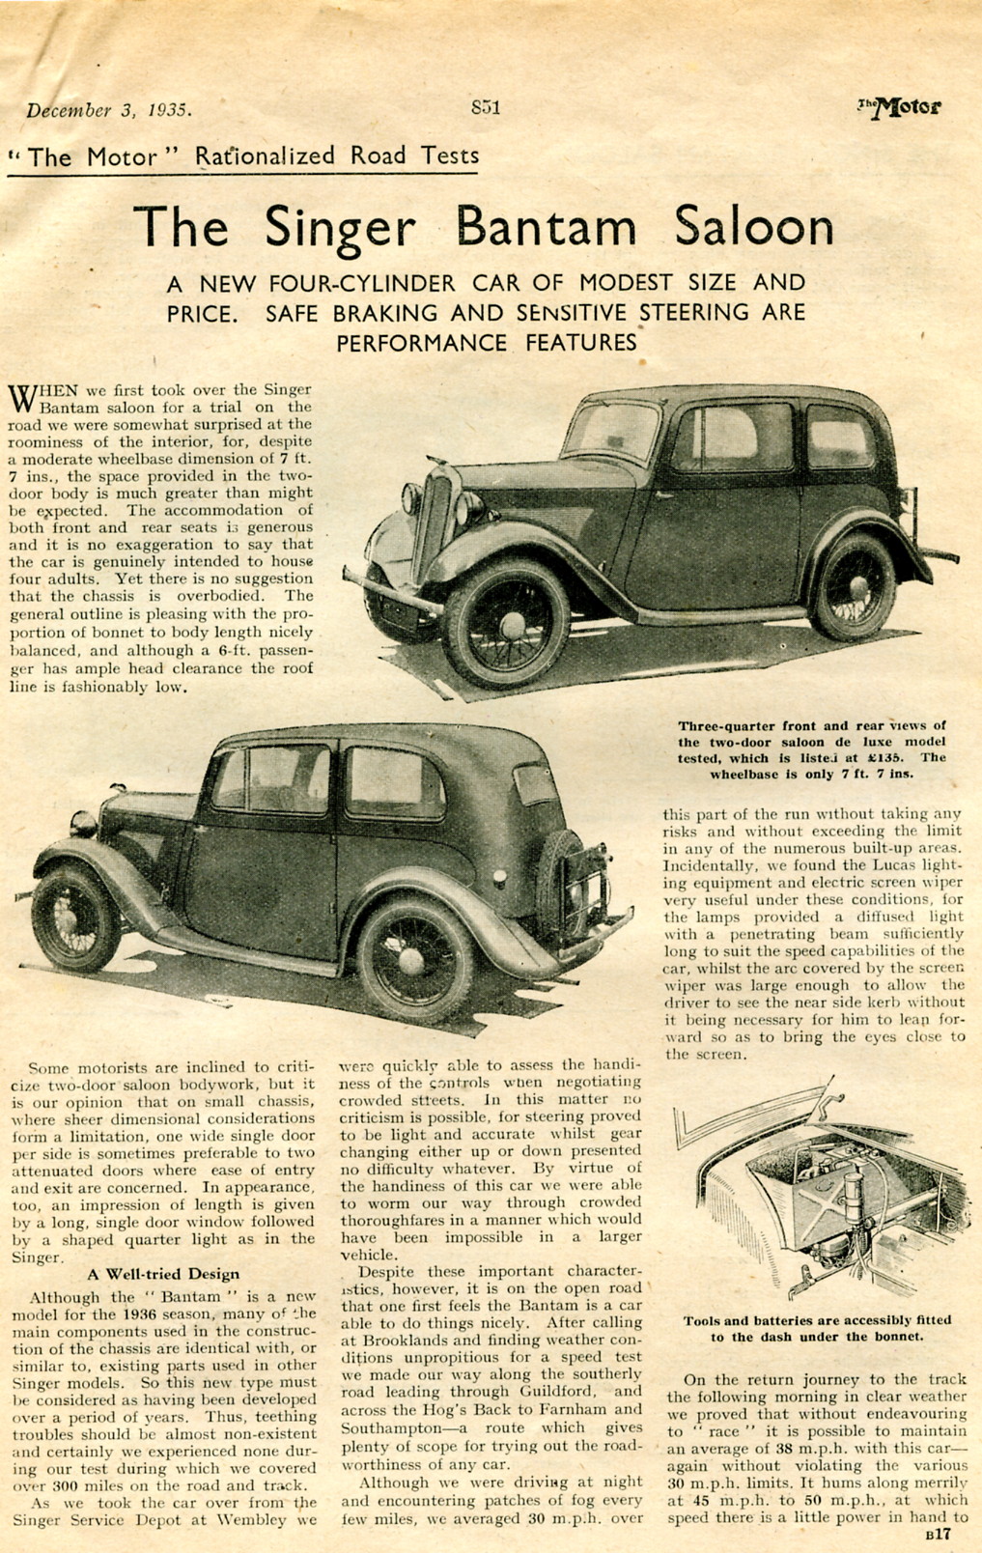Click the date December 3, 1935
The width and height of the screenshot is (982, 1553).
pos(108,110)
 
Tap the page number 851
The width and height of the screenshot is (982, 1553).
pos(485,107)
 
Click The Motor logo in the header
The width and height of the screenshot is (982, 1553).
pos(900,107)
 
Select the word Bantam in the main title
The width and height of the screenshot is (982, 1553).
pos(546,227)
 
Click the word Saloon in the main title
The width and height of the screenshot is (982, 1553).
pos(753,227)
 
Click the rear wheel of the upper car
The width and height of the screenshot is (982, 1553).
pos(854,586)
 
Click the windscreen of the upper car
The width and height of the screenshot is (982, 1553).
pos(611,430)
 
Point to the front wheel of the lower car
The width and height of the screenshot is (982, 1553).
pos(74,918)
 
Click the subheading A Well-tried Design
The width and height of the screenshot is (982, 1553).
pos(163,1274)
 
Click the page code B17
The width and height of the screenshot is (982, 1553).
pos(938,1534)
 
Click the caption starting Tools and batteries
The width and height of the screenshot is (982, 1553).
pos(817,1328)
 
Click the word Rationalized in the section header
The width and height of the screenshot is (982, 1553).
pos(265,155)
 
